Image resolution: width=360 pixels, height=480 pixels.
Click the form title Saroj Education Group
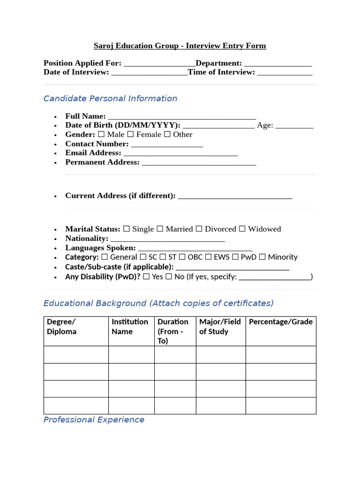(x=180, y=46)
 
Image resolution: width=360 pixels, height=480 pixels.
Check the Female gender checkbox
(x=130, y=135)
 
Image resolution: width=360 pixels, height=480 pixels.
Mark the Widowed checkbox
(x=242, y=229)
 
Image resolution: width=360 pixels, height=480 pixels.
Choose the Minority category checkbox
(x=262, y=257)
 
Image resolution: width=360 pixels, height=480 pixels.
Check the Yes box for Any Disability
(x=146, y=277)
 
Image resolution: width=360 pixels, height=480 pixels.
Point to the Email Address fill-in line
(x=180, y=154)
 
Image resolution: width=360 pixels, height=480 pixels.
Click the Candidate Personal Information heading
(x=110, y=98)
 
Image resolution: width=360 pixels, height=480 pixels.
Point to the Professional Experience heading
(x=94, y=420)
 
